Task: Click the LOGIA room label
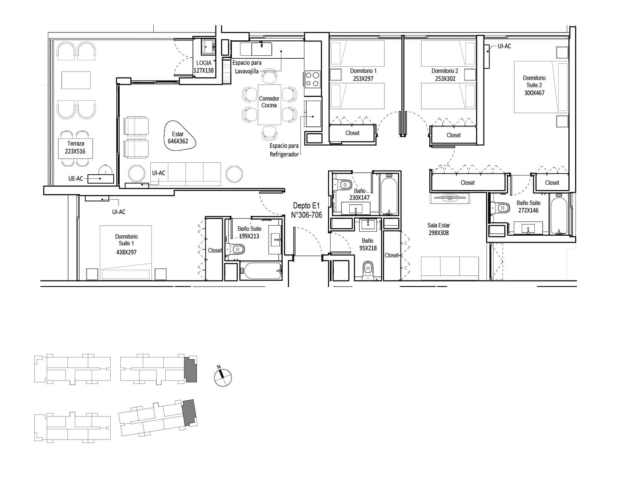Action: pos(204,63)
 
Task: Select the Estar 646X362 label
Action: pos(178,138)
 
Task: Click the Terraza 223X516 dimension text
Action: pos(75,151)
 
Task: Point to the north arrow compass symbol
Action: pos(222,377)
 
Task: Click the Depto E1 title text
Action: pos(306,206)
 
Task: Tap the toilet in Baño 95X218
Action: pos(368,270)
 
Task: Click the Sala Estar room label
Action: pos(439,225)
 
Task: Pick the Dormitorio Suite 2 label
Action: pos(534,82)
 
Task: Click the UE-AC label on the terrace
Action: pos(76,179)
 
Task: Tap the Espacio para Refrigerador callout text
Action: pos(284,150)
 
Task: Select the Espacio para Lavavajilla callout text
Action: pos(247,67)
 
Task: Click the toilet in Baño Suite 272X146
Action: pos(500,208)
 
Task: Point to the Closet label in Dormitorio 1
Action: pos(352,133)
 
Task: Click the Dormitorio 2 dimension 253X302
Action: pos(445,79)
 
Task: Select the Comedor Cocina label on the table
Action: pos(269,102)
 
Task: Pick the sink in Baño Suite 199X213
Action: pos(275,240)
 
